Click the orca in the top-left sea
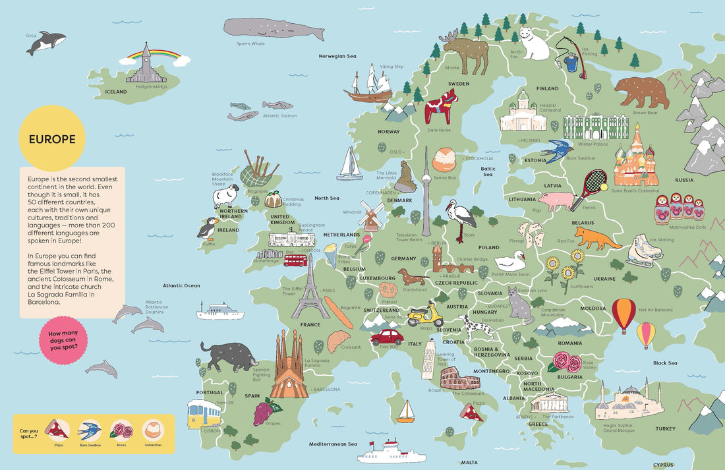tap(46, 43)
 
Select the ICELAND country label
tap(115, 92)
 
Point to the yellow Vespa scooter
tap(425, 315)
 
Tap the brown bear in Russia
tap(641, 92)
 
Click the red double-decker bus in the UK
tap(295, 260)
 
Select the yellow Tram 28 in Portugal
tap(204, 413)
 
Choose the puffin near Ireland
tap(207, 227)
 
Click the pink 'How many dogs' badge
tap(63, 339)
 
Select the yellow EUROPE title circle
tap(52, 139)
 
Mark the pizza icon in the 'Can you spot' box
tap(57, 430)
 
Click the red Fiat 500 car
tap(386, 337)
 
